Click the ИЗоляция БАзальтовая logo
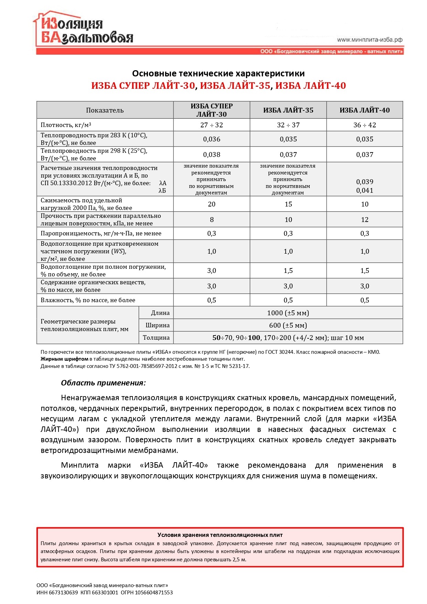pyautogui.click(x=84, y=31)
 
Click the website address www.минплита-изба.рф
pyautogui.click(x=370, y=40)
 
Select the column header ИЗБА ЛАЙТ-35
pyautogui.click(x=288, y=110)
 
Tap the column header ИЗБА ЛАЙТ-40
pyautogui.click(x=364, y=110)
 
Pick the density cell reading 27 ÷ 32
pyautogui.click(x=212, y=125)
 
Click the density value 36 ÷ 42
pyautogui.click(x=364, y=125)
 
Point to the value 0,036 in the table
pyautogui.click(x=212, y=139)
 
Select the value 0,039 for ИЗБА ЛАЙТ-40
pyautogui.click(x=364, y=182)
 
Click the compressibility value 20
pyautogui.click(x=212, y=204)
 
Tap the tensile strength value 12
pyautogui.click(x=364, y=220)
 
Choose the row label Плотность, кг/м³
pyautogui.click(x=66, y=125)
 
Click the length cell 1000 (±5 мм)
pyautogui.click(x=288, y=313)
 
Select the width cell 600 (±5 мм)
pyautogui.click(x=288, y=325)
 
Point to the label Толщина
pyautogui.click(x=156, y=338)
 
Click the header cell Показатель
pyautogui.click(x=105, y=110)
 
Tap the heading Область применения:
pyautogui.click(x=103, y=383)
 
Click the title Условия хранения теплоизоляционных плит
pyautogui.click(x=220, y=535)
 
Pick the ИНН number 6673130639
pyautogui.click(x=63, y=592)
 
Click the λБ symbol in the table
pyautogui.click(x=162, y=191)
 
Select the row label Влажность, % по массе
pyautogui.click(x=88, y=300)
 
